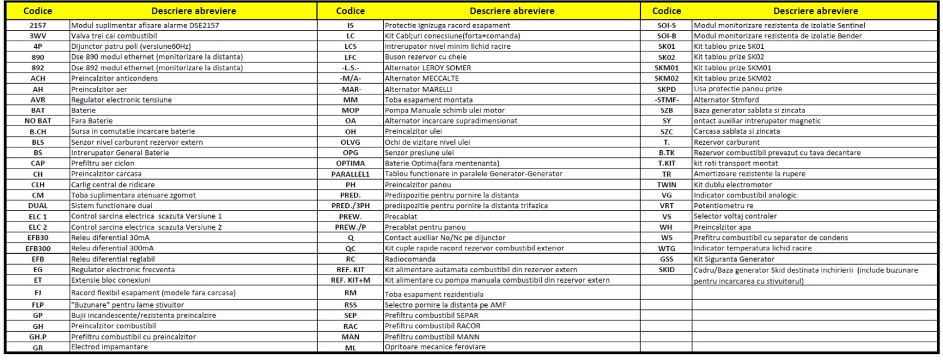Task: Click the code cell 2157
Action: (x=38, y=25)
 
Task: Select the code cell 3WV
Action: (x=38, y=36)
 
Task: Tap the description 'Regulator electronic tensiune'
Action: (x=121, y=100)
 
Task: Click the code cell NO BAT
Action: (x=38, y=121)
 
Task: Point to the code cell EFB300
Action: (x=38, y=249)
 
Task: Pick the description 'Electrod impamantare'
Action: (x=110, y=347)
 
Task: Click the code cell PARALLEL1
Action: (x=350, y=174)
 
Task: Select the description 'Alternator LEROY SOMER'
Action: (x=428, y=68)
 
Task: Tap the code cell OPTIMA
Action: (x=350, y=163)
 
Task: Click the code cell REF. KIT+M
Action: (x=350, y=280)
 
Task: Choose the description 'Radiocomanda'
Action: (x=410, y=259)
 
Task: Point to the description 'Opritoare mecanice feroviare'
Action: (x=435, y=347)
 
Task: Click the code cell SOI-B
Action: (x=667, y=36)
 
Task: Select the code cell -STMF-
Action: (x=667, y=100)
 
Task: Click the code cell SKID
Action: (x=667, y=270)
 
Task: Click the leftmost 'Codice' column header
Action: (x=38, y=11)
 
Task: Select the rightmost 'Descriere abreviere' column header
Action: (x=815, y=11)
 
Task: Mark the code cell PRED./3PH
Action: (x=350, y=206)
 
